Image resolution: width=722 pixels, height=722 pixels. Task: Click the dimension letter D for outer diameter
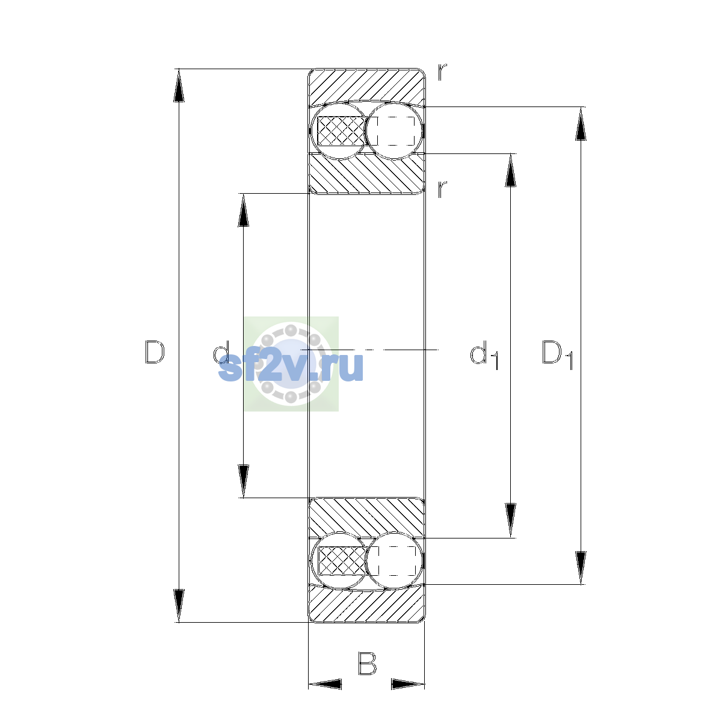point(155,352)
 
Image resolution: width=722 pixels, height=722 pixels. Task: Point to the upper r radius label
point(442,72)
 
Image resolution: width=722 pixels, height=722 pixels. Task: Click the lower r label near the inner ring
point(442,190)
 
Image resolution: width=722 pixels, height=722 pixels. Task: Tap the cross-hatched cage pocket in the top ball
point(341,131)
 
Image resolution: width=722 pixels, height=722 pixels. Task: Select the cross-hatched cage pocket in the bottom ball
point(341,561)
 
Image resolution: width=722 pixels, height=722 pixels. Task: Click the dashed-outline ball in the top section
point(394,131)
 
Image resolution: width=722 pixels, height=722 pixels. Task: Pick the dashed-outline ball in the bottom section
point(394,561)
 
